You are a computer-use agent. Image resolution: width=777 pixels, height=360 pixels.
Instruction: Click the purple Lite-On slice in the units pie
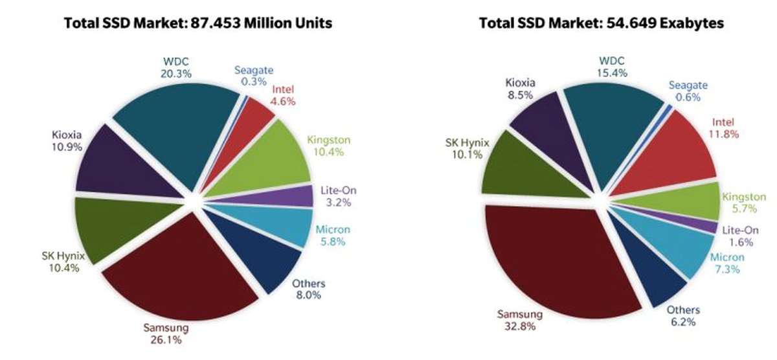pos(285,196)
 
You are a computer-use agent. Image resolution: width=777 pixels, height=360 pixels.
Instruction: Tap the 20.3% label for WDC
pos(176,74)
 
